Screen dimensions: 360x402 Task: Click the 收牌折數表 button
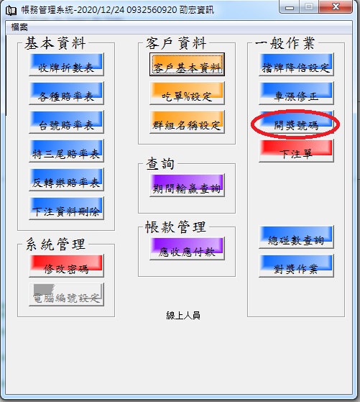tap(66, 64)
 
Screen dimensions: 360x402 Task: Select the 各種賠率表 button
tap(66, 93)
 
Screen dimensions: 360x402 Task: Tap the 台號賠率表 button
tap(66, 122)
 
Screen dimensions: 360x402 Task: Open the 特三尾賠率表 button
tap(66, 151)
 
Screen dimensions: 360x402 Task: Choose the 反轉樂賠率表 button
tap(66, 180)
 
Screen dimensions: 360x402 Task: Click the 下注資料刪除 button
tap(66, 208)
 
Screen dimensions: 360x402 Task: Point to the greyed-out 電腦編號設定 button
tap(66, 295)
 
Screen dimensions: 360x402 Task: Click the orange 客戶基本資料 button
tap(187, 64)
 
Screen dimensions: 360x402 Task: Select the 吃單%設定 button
tap(187, 93)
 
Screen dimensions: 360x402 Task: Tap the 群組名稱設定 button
tap(187, 122)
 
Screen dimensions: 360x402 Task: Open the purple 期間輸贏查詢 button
tap(187, 186)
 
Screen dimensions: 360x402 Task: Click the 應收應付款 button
tap(187, 249)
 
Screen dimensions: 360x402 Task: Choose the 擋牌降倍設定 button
tap(296, 64)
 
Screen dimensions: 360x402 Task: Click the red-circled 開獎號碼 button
tap(296, 122)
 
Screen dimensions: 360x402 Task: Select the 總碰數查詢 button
tap(296, 237)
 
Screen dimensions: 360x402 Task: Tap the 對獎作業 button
tap(296, 266)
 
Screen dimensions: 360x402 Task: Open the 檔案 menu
tap(19, 27)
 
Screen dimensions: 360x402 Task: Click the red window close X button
tap(336, 6)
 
